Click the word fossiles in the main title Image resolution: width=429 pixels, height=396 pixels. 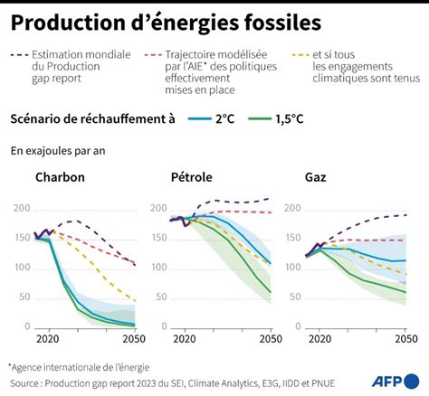(282, 23)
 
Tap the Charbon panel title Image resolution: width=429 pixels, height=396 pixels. (60, 177)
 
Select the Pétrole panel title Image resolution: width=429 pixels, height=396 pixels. (192, 177)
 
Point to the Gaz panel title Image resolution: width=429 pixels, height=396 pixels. (316, 177)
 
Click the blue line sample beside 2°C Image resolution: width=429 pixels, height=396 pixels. (199, 119)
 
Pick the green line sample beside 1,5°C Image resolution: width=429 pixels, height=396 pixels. (260, 119)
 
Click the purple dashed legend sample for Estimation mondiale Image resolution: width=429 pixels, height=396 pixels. (19, 55)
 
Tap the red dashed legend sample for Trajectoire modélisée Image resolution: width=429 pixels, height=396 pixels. (153, 55)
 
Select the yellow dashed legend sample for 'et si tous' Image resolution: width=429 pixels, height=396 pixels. (300, 55)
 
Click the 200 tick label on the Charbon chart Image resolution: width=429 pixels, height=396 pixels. (22, 208)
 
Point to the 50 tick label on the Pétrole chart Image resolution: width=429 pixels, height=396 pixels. (161, 297)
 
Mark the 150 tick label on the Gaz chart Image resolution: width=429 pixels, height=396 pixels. (293, 238)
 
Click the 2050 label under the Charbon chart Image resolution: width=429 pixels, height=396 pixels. (134, 339)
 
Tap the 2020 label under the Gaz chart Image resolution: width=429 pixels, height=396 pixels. (319, 339)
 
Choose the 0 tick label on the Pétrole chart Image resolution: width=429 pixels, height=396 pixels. (164, 326)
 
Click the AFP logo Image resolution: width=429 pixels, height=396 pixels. (396, 382)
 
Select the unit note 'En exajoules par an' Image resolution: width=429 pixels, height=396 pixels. (58, 151)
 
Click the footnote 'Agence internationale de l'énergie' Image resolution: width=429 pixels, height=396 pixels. (81, 367)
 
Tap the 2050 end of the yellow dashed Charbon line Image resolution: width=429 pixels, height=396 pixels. (135, 300)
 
